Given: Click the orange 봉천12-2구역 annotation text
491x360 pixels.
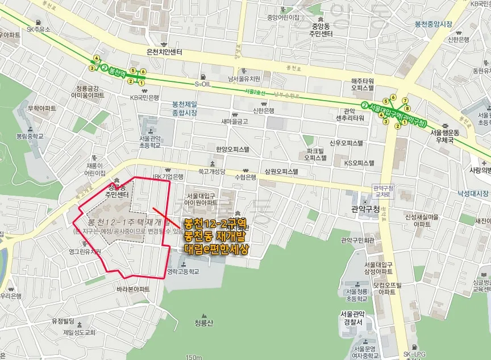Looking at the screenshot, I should (x=214, y=224).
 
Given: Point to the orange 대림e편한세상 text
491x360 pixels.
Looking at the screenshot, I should (x=217, y=249).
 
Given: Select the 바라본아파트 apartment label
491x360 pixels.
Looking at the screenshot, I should (x=133, y=289).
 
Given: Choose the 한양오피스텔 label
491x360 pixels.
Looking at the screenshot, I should (x=233, y=149).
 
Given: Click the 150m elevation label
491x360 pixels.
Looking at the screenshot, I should (x=194, y=357).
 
